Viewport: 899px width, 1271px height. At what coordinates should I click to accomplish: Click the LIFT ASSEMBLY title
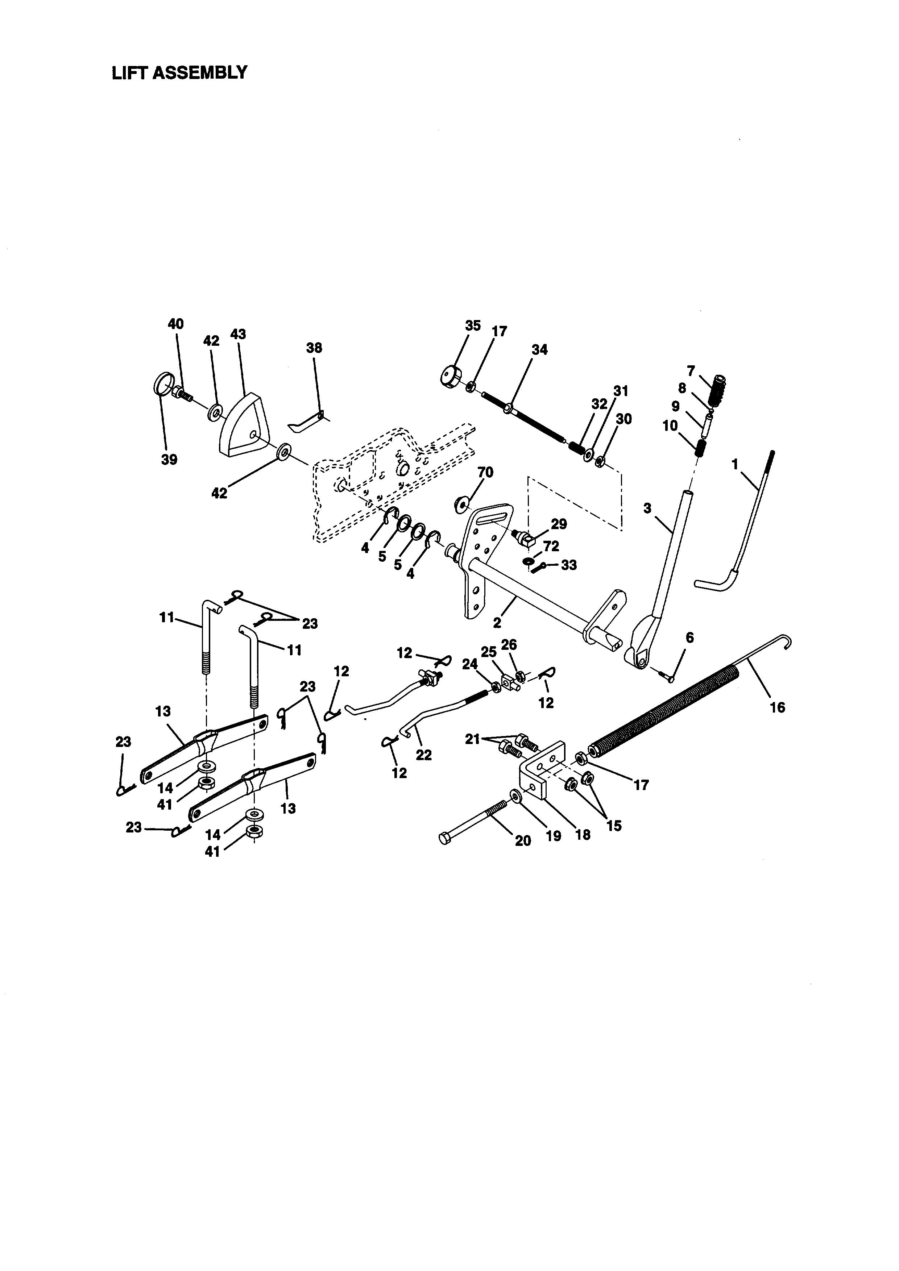coord(179,72)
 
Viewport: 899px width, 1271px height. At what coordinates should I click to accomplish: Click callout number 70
coord(485,472)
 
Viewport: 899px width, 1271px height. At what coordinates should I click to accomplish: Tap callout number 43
coord(238,335)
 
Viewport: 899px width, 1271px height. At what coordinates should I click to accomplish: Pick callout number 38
coord(314,348)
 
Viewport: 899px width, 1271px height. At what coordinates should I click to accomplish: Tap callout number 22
coord(423,755)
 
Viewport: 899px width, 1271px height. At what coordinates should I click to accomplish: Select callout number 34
coord(539,350)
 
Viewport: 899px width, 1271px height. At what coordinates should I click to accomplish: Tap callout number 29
coord(559,524)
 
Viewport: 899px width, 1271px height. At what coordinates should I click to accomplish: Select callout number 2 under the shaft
coord(497,623)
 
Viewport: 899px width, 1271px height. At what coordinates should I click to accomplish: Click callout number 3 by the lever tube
coord(648,508)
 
